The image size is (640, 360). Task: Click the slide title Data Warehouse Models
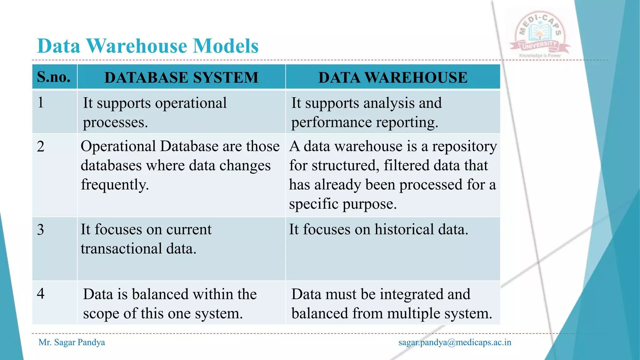pyautogui.click(x=147, y=46)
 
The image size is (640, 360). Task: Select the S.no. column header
pyautogui.click(x=54, y=77)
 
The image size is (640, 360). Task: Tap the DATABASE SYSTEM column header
pyautogui.click(x=181, y=77)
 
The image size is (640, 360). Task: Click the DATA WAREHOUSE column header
pyautogui.click(x=393, y=77)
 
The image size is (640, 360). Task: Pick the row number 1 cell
pyautogui.click(x=41, y=102)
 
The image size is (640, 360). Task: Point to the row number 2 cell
pyautogui.click(x=41, y=146)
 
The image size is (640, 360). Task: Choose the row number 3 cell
pyautogui.click(x=41, y=230)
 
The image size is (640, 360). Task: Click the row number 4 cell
pyautogui.click(x=41, y=294)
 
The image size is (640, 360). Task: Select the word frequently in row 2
pyautogui.click(x=115, y=185)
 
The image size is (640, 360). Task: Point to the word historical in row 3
pyautogui.click(x=404, y=230)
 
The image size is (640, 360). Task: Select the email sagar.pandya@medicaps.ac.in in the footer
pyautogui.click(x=455, y=342)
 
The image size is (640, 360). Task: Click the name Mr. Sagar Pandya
pyautogui.click(x=72, y=342)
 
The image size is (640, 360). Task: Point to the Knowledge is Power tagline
pyautogui.click(x=540, y=56)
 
